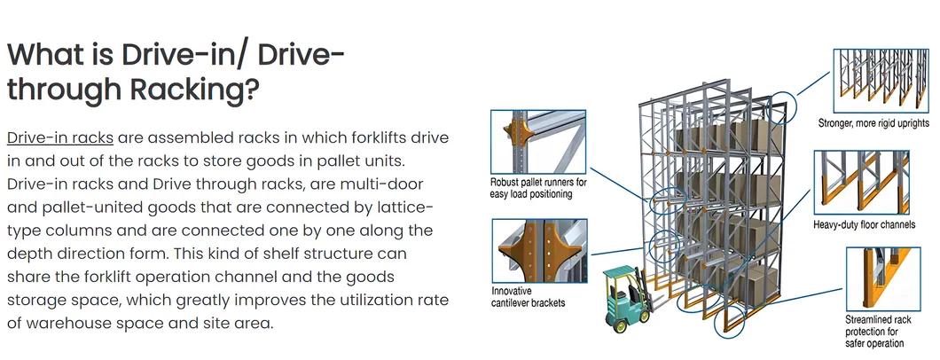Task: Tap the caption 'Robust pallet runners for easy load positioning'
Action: [538, 189]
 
